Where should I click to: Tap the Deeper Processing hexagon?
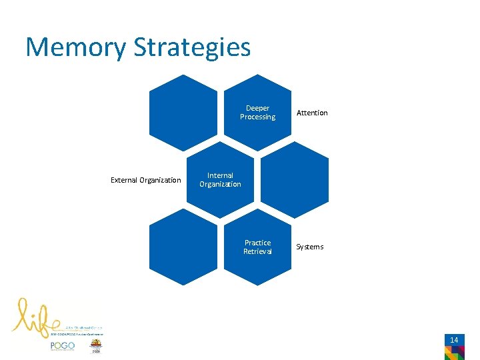pos(257,113)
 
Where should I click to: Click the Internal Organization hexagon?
pos(220,180)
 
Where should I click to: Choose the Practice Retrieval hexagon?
pos(257,247)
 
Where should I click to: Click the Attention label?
pos(312,113)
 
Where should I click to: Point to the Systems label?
pos(309,247)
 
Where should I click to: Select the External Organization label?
pos(145,180)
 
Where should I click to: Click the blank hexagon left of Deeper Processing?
pos(183,113)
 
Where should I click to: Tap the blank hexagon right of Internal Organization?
pos(295,180)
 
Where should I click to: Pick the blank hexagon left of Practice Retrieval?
pos(183,247)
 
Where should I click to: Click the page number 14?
pos(454,340)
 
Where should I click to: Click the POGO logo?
pos(62,346)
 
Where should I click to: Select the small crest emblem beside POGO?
pos(97,346)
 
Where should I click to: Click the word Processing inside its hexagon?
pos(257,117)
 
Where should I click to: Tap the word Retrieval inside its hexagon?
pos(257,252)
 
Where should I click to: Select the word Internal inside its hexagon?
pos(220,175)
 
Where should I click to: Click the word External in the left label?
pos(124,180)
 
